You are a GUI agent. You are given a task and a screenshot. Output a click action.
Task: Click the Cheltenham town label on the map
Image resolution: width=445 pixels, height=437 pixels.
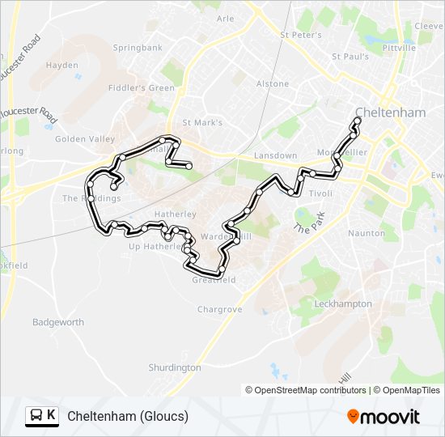pyautogui.click(x=390, y=113)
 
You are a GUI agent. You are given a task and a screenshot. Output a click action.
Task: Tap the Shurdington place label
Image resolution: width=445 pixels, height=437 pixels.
pyautogui.click(x=174, y=367)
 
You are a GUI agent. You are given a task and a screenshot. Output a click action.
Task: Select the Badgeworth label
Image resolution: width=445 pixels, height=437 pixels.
pyautogui.click(x=58, y=322)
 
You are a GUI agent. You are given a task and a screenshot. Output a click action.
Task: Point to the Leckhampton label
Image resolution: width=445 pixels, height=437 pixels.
pyautogui.click(x=343, y=303)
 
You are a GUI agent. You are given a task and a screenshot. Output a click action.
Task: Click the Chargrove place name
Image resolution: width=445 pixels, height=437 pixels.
pyautogui.click(x=219, y=309)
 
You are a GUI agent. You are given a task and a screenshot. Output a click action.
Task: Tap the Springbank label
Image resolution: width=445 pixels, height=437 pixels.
pyautogui.click(x=138, y=48)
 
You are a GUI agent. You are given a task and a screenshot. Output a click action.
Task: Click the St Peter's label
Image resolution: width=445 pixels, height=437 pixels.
pyautogui.click(x=300, y=35)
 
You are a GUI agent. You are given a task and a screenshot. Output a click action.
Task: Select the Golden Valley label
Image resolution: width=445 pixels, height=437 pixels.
pyautogui.click(x=85, y=139)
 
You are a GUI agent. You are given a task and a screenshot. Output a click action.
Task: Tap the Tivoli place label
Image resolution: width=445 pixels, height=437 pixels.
pyautogui.click(x=320, y=193)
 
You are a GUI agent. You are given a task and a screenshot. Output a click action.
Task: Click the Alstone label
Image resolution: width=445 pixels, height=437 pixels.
pyautogui.click(x=272, y=83)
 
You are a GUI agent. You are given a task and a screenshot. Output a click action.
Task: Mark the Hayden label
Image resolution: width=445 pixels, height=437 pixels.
pyautogui.click(x=62, y=66)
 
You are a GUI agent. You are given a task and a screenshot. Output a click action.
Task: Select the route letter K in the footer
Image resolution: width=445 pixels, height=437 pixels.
pyautogui.click(x=52, y=416)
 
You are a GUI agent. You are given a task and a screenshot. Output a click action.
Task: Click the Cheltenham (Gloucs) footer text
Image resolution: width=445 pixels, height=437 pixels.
pyautogui.click(x=128, y=416)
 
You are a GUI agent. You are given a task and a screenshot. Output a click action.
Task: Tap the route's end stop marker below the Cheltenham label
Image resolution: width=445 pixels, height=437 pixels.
pyautogui.click(x=358, y=121)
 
